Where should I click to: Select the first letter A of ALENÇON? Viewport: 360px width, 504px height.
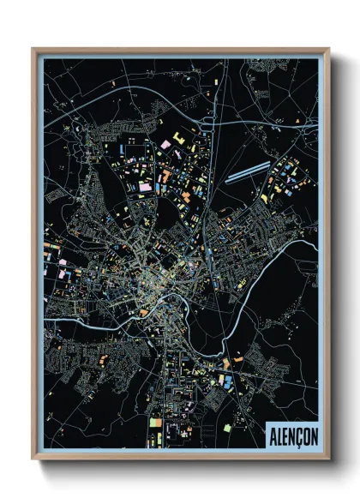point(273,435)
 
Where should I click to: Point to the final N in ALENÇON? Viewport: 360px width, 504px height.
point(313,435)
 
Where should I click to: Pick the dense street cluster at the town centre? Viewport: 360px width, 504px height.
point(159,283)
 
